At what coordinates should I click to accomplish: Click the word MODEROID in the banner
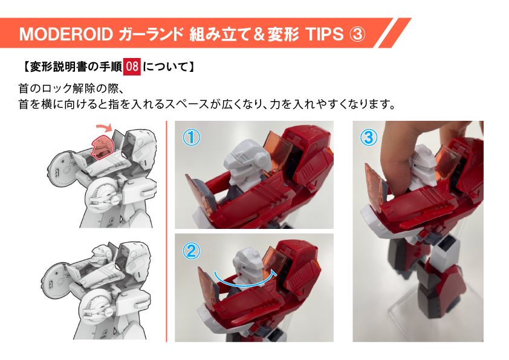point(66,34)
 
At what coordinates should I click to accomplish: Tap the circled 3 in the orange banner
point(357,34)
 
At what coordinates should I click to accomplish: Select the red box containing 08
point(132,66)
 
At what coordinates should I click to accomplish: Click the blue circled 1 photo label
point(191,138)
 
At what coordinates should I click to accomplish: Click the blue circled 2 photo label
point(191,251)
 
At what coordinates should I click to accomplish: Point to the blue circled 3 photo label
point(369,137)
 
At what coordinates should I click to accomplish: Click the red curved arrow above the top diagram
point(105,126)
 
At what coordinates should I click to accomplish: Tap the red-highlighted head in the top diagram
point(102,147)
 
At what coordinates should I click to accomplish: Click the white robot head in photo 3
point(422,167)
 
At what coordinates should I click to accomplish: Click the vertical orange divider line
point(166,231)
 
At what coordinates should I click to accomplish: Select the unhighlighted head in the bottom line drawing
point(100,256)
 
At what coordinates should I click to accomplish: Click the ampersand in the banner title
point(259,34)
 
